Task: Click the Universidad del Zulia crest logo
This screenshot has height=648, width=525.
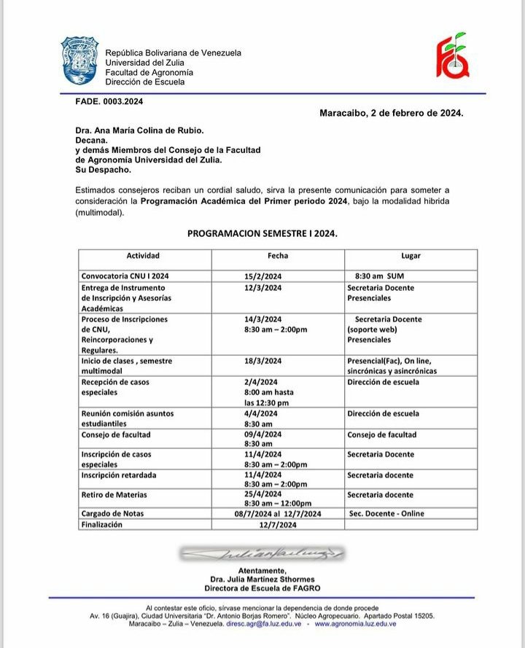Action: click(79, 61)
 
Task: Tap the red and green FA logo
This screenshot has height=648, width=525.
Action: click(452, 57)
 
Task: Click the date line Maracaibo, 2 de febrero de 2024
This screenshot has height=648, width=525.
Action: click(391, 114)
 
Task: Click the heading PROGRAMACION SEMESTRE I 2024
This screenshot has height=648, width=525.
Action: click(262, 234)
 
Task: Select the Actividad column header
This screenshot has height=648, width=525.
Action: click(143, 256)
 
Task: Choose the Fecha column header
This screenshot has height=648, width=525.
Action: click(278, 256)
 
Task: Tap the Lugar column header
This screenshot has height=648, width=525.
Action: click(411, 256)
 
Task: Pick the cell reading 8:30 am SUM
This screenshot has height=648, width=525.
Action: click(379, 276)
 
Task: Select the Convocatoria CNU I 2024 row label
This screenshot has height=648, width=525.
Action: click(125, 276)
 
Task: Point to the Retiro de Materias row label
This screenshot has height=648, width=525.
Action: click(114, 495)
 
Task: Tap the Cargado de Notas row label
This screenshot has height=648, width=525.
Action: click(112, 513)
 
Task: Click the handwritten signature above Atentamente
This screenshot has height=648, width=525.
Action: click(262, 555)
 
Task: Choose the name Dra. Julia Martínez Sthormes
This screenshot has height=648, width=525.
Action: click(262, 579)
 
